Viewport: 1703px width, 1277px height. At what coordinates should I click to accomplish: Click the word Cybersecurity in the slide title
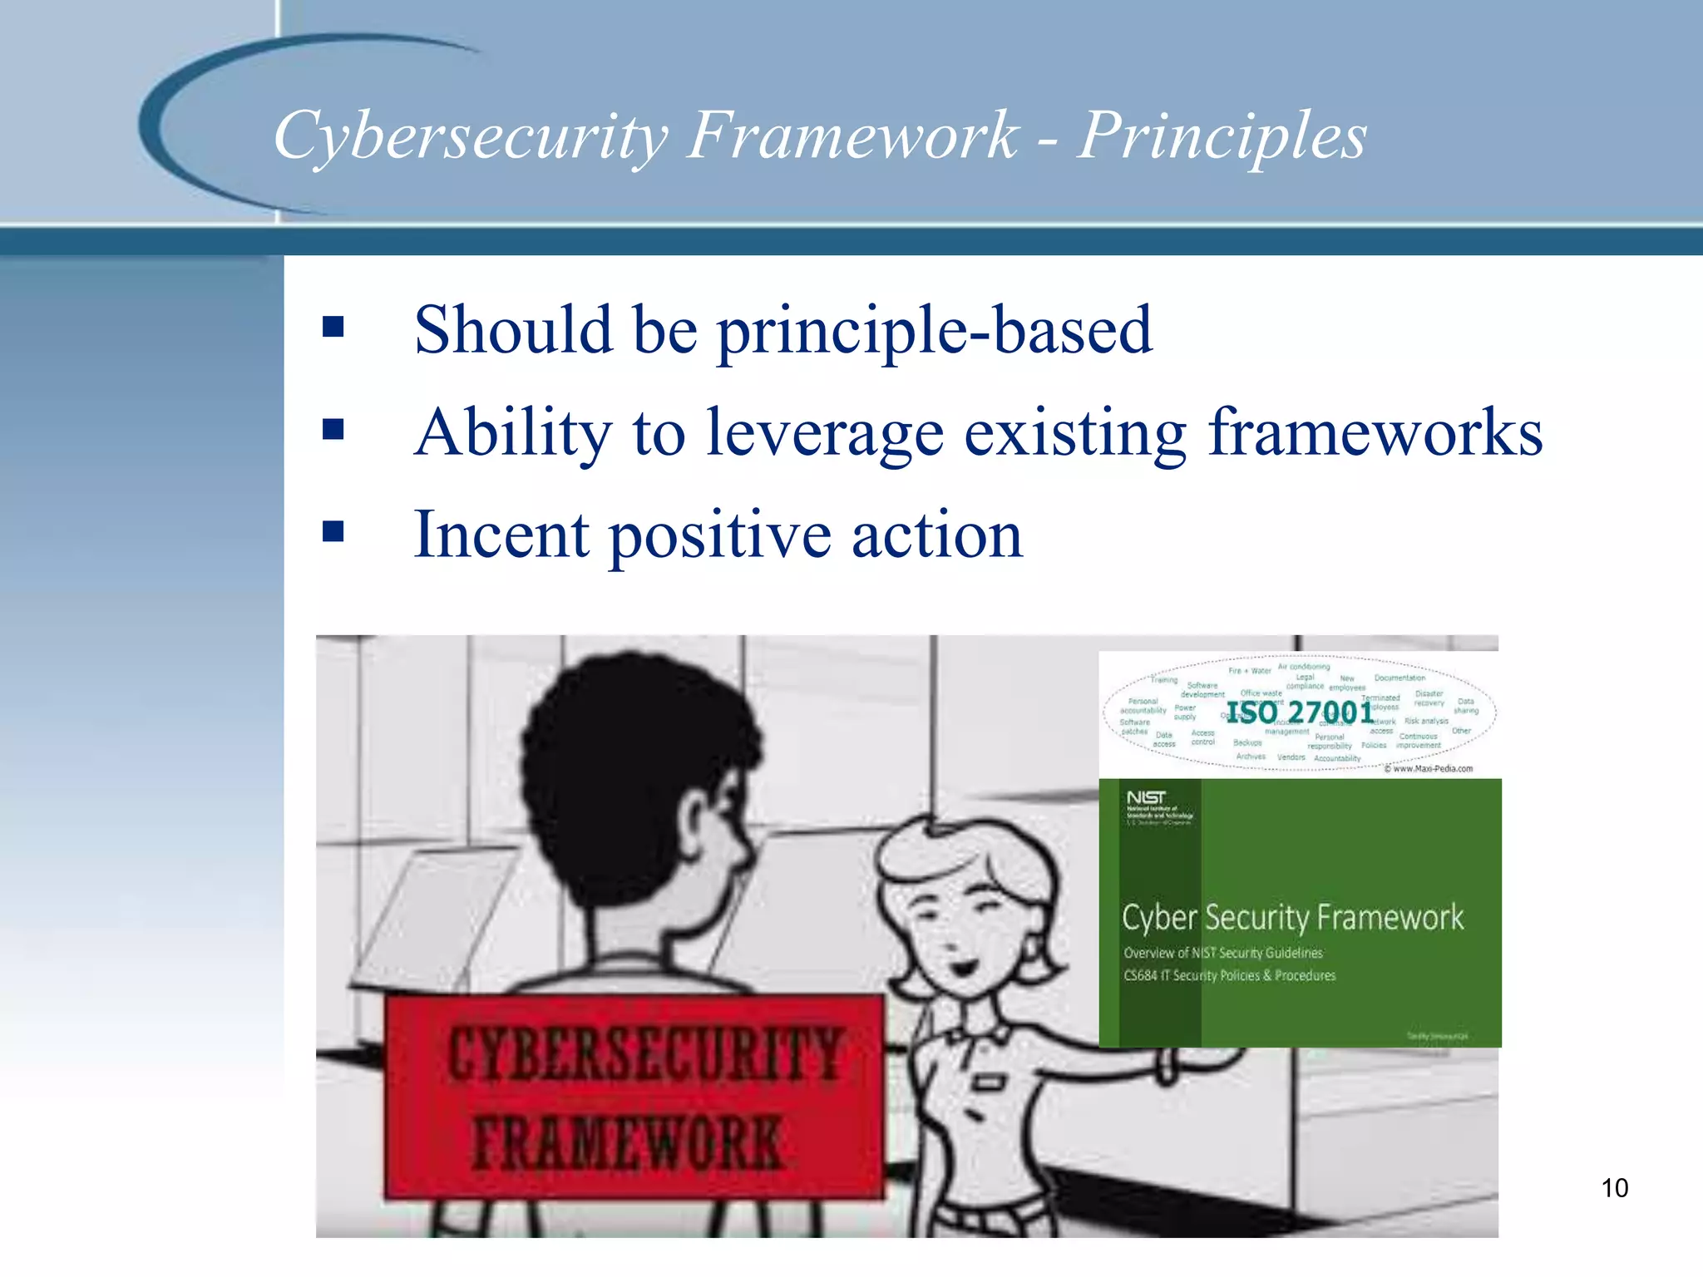[471, 136]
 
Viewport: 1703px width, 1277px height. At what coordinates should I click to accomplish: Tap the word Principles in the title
[1222, 136]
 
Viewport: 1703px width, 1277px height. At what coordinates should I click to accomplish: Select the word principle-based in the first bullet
[935, 331]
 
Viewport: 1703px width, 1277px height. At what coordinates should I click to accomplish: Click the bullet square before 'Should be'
[333, 327]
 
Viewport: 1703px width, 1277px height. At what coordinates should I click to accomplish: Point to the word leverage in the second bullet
[825, 433]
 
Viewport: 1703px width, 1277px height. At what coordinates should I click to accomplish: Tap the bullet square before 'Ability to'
[333, 429]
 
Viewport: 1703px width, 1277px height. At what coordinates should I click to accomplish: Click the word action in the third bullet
[937, 535]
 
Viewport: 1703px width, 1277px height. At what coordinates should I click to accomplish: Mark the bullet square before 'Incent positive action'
[333, 531]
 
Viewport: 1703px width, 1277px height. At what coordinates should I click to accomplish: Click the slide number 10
[1614, 1188]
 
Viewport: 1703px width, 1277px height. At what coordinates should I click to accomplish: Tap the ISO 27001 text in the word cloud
[1300, 712]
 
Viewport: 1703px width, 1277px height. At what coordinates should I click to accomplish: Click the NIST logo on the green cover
[1146, 798]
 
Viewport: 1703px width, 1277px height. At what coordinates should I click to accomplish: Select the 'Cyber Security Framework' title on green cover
[1292, 918]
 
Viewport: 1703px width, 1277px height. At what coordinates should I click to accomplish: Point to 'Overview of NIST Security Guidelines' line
[1222, 953]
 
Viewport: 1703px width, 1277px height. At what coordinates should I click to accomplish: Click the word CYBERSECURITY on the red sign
[644, 1054]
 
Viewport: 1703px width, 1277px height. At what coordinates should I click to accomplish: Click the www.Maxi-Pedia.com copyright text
[1428, 769]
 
